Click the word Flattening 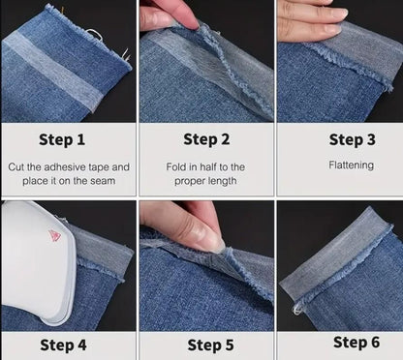(351, 165)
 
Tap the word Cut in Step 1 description (17, 166)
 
